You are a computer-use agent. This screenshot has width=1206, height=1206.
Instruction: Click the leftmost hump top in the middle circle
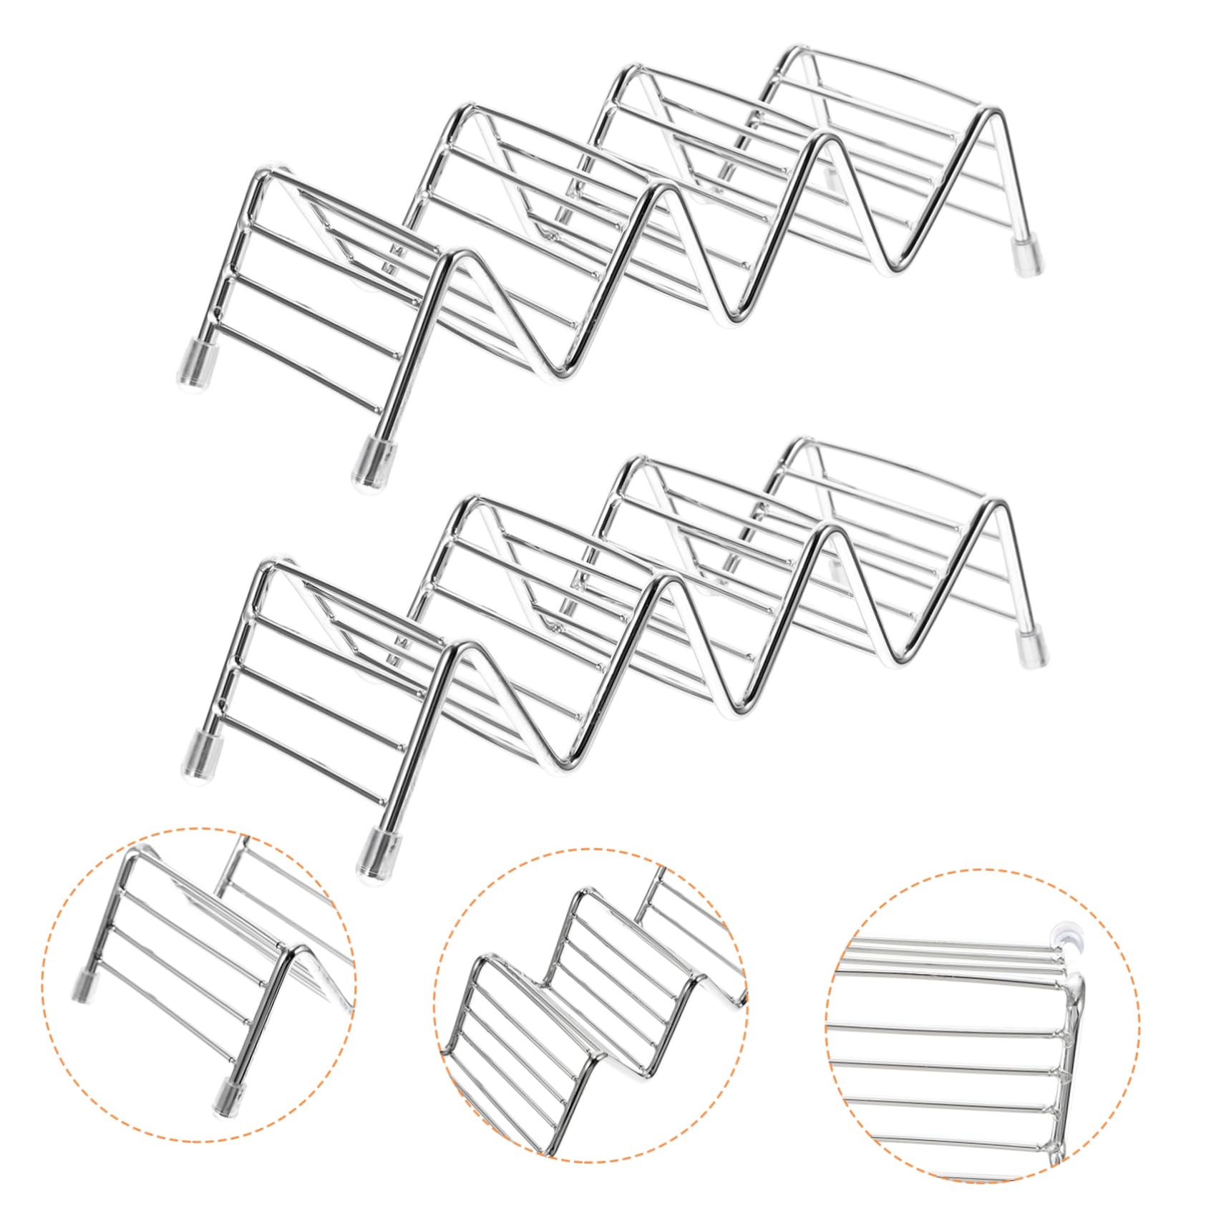point(489,960)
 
